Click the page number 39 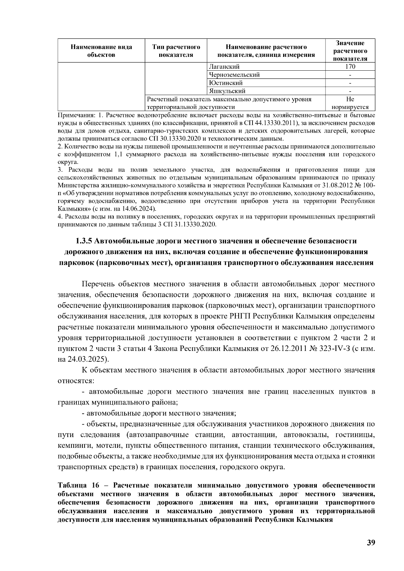pos(371,542)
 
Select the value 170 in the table pos(350,67)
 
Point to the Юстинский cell pos(226,83)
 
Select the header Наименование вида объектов pos(101,51)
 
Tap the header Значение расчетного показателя pos(350,51)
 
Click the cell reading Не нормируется pos(350,103)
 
